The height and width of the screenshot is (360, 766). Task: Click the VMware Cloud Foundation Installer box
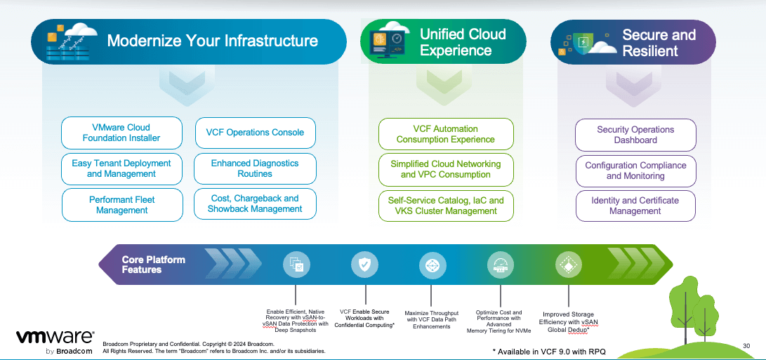click(121, 133)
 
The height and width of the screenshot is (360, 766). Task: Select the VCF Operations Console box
click(255, 133)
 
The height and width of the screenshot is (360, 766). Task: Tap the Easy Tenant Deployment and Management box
click(121, 168)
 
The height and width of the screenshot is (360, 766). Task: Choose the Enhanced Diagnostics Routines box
click(255, 168)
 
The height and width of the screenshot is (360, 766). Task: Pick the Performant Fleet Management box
click(121, 204)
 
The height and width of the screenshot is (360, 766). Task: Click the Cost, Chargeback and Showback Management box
click(255, 204)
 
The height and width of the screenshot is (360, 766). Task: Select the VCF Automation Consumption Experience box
click(446, 134)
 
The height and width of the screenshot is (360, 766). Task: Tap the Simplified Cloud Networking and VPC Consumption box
click(446, 169)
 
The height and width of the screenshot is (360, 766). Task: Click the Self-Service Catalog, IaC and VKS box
click(446, 206)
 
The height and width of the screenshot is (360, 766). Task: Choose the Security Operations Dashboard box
click(635, 135)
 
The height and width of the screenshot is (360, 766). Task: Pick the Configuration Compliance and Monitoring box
click(635, 171)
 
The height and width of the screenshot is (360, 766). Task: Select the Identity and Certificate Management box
click(635, 206)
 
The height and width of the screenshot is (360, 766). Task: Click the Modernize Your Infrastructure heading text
click(212, 41)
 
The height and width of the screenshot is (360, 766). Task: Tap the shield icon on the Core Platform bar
click(364, 265)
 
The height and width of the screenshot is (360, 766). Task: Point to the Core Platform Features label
click(153, 265)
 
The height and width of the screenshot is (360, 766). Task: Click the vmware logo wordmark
click(55, 337)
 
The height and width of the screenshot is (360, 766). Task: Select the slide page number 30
click(746, 345)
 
